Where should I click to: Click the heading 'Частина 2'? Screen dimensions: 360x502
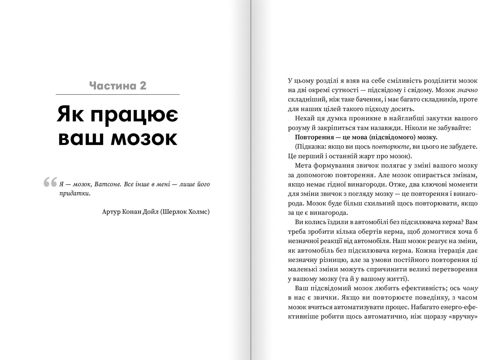[118, 85]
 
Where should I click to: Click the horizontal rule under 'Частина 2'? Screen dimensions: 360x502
[118, 95]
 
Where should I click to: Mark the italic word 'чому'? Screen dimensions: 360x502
[470, 288]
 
